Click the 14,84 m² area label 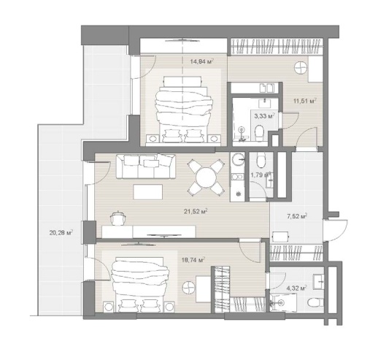click(202, 61)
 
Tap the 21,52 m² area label click(196, 212)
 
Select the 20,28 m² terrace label click(61, 233)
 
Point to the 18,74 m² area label click(193, 259)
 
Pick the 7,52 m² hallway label click(297, 216)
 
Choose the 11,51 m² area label click(305, 101)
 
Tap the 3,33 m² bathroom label click(265, 116)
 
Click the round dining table click(206, 177)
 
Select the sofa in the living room click(146, 166)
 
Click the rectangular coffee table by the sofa click(148, 192)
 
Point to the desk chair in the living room click(118, 218)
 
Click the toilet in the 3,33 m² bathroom click(259, 133)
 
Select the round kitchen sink click(237, 159)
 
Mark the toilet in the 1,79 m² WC click(261, 161)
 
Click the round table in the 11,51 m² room click(301, 67)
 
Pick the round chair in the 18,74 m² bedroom click(189, 288)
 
